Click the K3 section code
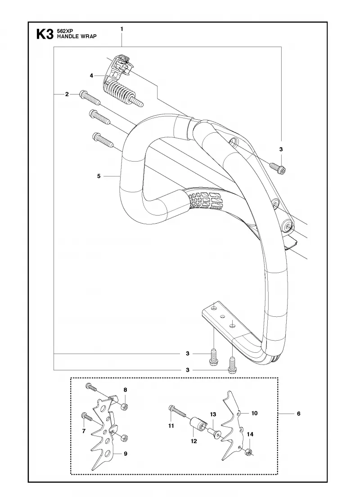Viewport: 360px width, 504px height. click(45, 34)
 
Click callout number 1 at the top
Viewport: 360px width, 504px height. click(122, 29)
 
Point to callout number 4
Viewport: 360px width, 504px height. click(92, 76)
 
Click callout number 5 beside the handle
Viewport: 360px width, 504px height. click(99, 176)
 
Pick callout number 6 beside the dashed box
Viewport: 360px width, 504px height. click(299, 414)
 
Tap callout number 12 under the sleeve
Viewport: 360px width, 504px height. click(193, 441)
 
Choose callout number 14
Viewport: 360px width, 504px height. click(250, 434)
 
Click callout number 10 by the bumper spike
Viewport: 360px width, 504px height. click(255, 413)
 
